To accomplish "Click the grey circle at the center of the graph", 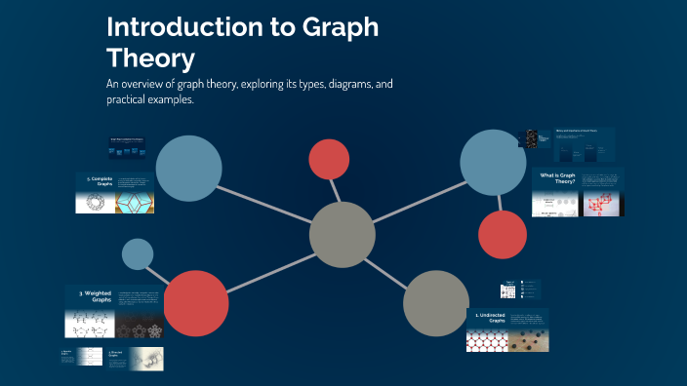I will coord(343,235).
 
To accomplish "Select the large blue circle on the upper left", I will coord(189,169).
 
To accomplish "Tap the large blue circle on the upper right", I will coord(494,162).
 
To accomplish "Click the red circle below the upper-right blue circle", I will coord(503,235).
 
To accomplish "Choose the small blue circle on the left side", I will coord(138,254).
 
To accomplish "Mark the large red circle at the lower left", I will coord(197,302).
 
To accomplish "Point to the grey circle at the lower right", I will coord(436,302).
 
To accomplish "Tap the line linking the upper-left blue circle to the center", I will coord(265,202).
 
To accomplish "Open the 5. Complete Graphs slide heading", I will coord(101,181).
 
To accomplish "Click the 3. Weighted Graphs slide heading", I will coord(95,295).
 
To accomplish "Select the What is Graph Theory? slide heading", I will coord(558,178).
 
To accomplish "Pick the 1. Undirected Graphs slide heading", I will coord(490,318).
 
